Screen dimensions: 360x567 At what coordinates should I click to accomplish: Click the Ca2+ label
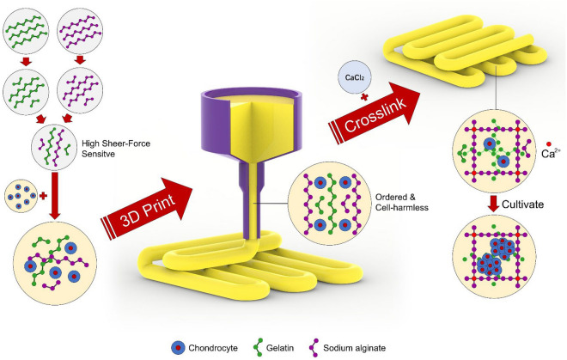pos(552,156)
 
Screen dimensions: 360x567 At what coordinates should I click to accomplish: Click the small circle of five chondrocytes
pos(22,195)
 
